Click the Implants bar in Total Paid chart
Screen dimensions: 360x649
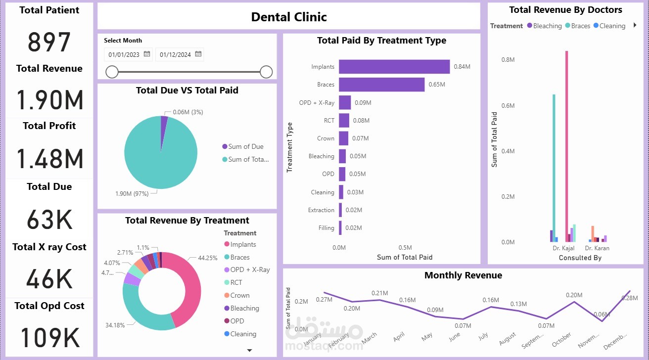tap(394, 67)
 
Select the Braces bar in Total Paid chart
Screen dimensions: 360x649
tap(381, 85)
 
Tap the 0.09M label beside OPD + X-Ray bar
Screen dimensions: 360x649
tap(363, 103)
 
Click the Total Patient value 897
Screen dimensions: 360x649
tap(49, 42)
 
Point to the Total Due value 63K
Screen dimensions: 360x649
tap(49, 220)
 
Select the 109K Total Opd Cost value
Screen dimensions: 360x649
tap(49, 338)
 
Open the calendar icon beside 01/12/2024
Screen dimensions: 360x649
tap(198, 54)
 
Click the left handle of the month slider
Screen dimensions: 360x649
tap(112, 72)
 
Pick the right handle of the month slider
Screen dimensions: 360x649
tap(266, 72)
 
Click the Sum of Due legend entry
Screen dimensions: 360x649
tap(246, 146)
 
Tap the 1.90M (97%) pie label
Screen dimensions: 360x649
tap(132, 194)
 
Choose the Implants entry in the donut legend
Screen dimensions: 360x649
tap(243, 244)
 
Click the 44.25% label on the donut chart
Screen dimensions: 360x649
tap(209, 258)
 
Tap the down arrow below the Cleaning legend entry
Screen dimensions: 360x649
tap(249, 350)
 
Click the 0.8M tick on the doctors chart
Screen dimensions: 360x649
tap(508, 59)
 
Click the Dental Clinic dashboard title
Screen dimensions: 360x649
tap(289, 17)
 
